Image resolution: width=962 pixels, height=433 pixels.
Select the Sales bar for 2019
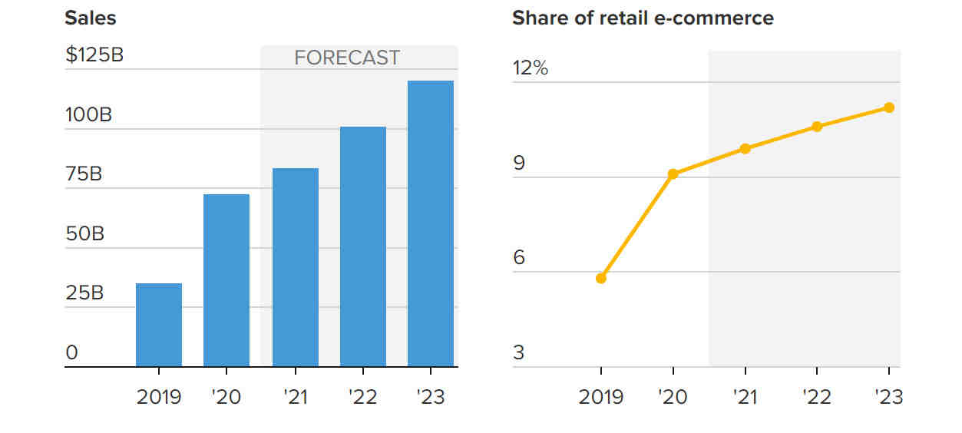(159, 325)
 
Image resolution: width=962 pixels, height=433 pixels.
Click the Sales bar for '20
(226, 280)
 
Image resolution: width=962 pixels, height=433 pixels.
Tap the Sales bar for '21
(296, 267)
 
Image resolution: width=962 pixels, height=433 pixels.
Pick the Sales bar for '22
(363, 246)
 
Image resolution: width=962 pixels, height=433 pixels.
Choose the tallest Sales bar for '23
(430, 223)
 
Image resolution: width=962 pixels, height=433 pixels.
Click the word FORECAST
(347, 58)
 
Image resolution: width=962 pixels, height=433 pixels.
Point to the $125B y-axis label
(94, 55)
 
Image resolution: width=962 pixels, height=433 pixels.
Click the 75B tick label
(84, 174)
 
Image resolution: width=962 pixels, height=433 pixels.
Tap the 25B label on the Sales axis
(84, 293)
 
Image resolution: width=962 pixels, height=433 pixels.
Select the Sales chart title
(91, 18)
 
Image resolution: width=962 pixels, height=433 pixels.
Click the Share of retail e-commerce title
(643, 18)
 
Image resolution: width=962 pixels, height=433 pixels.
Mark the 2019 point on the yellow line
(601, 279)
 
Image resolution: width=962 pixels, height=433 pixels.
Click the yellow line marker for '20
(673, 174)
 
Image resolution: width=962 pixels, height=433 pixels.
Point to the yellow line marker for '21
(745, 149)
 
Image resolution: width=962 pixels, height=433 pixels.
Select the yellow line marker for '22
(817, 126)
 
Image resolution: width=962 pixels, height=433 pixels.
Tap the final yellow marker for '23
(889, 107)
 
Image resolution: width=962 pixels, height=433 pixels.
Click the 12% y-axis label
(531, 68)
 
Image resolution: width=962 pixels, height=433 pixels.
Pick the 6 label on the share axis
(519, 257)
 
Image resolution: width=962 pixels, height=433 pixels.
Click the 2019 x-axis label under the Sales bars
(159, 397)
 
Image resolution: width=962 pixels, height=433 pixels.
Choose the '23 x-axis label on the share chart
(888, 397)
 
